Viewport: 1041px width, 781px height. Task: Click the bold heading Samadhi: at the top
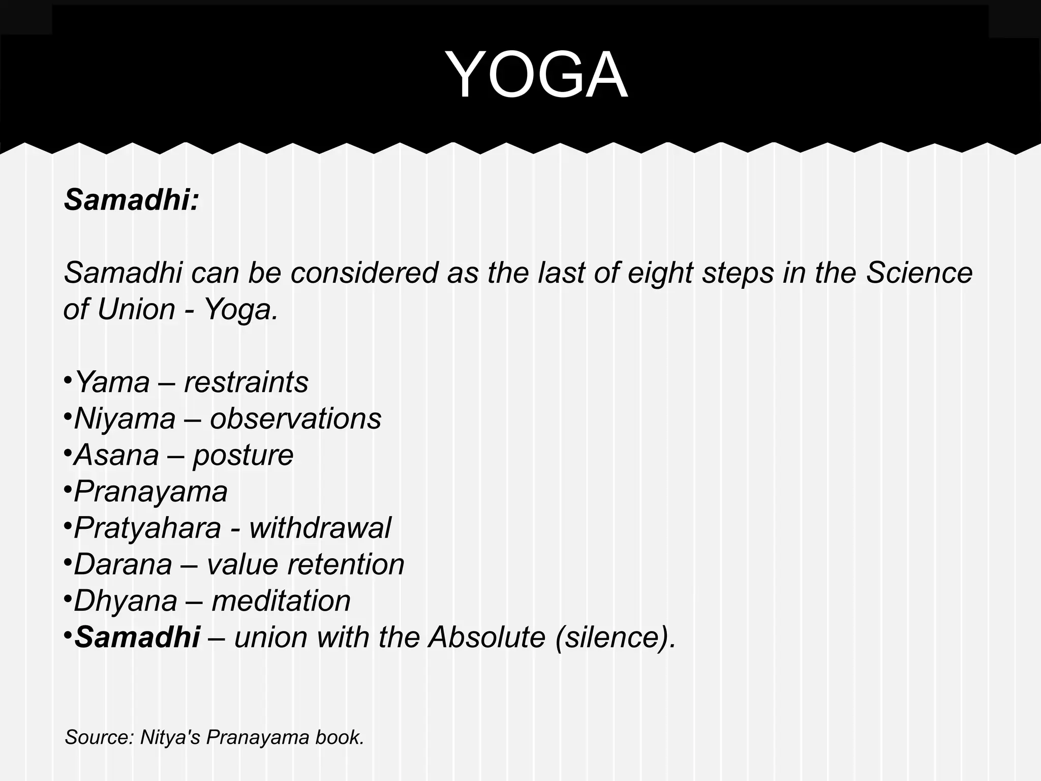coord(131,199)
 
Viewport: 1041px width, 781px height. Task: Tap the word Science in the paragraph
coord(919,273)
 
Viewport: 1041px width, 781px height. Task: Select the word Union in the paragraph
coord(136,309)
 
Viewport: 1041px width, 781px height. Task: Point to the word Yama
coord(112,382)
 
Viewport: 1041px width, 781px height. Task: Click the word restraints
coord(246,382)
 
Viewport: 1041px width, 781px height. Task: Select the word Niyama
coord(125,418)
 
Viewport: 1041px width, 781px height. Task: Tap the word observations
coord(295,418)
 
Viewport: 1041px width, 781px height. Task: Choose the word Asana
coord(116,455)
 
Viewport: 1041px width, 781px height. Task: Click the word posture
coord(243,456)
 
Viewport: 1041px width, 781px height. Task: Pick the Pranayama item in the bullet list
coord(150,492)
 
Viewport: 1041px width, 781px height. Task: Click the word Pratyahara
coord(147,528)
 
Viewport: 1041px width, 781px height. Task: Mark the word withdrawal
coord(320,528)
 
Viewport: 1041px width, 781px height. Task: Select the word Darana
coord(123,564)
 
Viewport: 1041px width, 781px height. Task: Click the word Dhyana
coord(126,601)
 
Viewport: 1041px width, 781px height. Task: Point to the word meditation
coord(281,601)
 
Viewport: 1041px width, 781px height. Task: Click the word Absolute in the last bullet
coord(487,637)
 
